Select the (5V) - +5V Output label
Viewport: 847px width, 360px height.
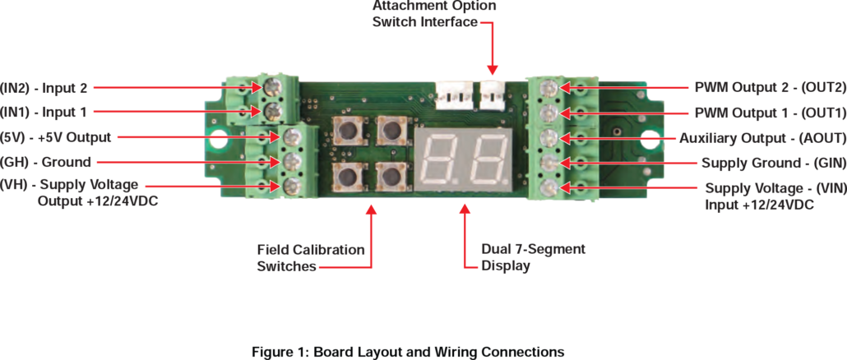pyautogui.click(x=56, y=136)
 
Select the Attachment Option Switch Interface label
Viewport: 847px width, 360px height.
pyautogui.click(x=434, y=14)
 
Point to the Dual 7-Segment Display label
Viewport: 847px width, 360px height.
pyautogui.click(x=533, y=256)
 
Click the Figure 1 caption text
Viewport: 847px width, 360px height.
pyautogui.click(x=408, y=352)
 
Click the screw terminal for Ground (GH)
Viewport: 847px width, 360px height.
pyautogui.click(x=290, y=161)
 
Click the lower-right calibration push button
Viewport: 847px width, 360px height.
pyautogui.click(x=391, y=174)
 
